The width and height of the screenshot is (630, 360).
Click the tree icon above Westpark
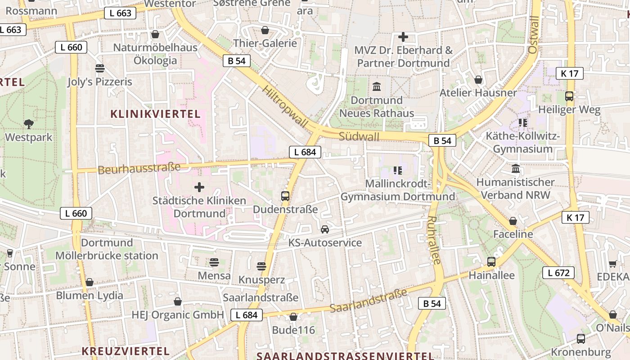pos(29,124)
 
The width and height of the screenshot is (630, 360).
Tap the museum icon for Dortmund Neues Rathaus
pos(377,86)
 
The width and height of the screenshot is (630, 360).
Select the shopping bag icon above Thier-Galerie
pos(265,30)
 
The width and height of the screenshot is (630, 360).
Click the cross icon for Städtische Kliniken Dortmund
pos(199,187)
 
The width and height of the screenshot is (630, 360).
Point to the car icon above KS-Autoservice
pos(325,229)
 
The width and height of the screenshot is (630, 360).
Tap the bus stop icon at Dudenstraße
pos(285,196)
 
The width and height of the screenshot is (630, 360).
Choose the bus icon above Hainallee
pos(491,261)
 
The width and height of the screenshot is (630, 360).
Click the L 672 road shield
pos(558,273)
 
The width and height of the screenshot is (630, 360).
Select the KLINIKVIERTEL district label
pos(155,114)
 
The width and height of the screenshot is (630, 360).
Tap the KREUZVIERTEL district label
pos(126,351)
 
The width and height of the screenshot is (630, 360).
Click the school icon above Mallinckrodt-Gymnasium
pos(397,170)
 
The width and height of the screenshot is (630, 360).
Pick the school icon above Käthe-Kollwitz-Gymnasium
pos(522,122)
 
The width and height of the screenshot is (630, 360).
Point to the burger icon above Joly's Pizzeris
pos(99,68)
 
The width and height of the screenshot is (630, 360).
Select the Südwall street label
pos(359,136)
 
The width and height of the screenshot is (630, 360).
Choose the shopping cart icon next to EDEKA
pos(612,264)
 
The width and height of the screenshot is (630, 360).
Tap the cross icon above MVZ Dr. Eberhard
pos(403,37)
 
